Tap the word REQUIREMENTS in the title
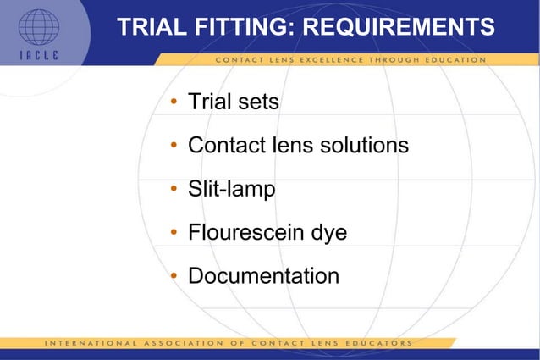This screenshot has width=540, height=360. click(398, 28)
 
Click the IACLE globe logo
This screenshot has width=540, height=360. click(39, 27)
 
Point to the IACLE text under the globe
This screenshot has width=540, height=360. click(39, 57)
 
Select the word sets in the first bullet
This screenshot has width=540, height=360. click(257, 103)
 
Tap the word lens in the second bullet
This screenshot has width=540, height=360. click(289, 146)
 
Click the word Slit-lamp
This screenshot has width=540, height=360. click(231, 189)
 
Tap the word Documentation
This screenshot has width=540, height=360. click(263, 276)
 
